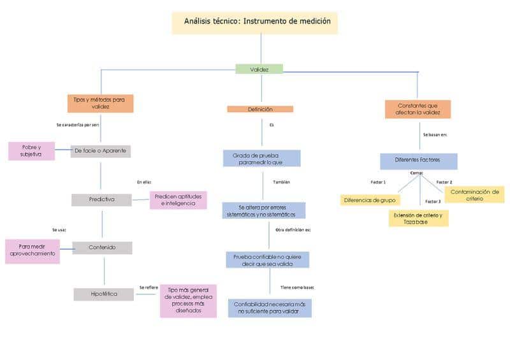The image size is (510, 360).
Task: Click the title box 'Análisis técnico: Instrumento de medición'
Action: (x=255, y=22)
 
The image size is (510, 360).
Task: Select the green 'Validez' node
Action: (x=259, y=69)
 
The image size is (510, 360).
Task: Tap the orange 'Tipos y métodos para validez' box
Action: (x=100, y=103)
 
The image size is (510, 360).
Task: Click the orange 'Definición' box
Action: (x=260, y=109)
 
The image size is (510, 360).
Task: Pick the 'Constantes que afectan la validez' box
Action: (x=418, y=109)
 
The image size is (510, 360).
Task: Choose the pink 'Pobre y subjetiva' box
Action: (x=31, y=151)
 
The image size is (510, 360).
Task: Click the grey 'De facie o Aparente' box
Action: (x=101, y=151)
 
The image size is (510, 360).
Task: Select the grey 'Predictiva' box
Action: (x=101, y=199)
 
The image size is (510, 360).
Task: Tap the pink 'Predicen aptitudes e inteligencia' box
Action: (x=178, y=200)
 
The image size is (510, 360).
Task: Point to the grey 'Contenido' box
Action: (x=102, y=247)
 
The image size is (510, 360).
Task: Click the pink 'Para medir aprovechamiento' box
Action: (x=33, y=250)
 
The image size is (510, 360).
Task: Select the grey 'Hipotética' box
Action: (x=104, y=294)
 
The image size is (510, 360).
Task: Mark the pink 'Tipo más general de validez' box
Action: (x=188, y=300)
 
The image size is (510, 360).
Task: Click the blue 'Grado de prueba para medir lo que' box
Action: (x=261, y=158)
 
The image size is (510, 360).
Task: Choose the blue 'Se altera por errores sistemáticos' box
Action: (x=263, y=211)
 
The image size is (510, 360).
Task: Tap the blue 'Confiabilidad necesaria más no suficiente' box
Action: (x=270, y=308)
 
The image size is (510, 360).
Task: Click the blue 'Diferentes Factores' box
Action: (x=418, y=161)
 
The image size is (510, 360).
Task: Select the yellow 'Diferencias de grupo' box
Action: (x=370, y=200)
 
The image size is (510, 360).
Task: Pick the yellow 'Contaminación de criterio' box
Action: (x=474, y=194)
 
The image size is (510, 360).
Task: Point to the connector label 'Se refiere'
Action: (x=149, y=287)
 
